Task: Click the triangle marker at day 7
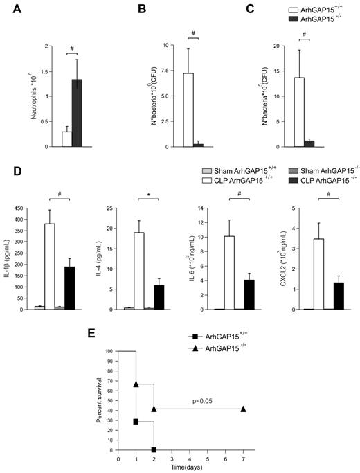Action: [243, 409]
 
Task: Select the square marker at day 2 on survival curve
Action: [153, 449]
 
